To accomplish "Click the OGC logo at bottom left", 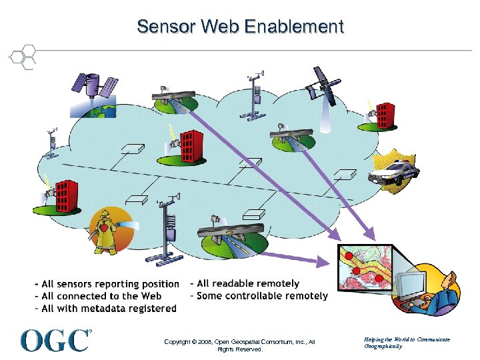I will tap(55, 340).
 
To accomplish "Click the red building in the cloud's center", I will tap(190, 146).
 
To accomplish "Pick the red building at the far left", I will tap(66, 193).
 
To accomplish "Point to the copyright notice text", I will tap(239, 345).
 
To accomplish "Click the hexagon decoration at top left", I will tap(24, 57).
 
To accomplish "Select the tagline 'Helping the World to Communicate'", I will tap(407, 339).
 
